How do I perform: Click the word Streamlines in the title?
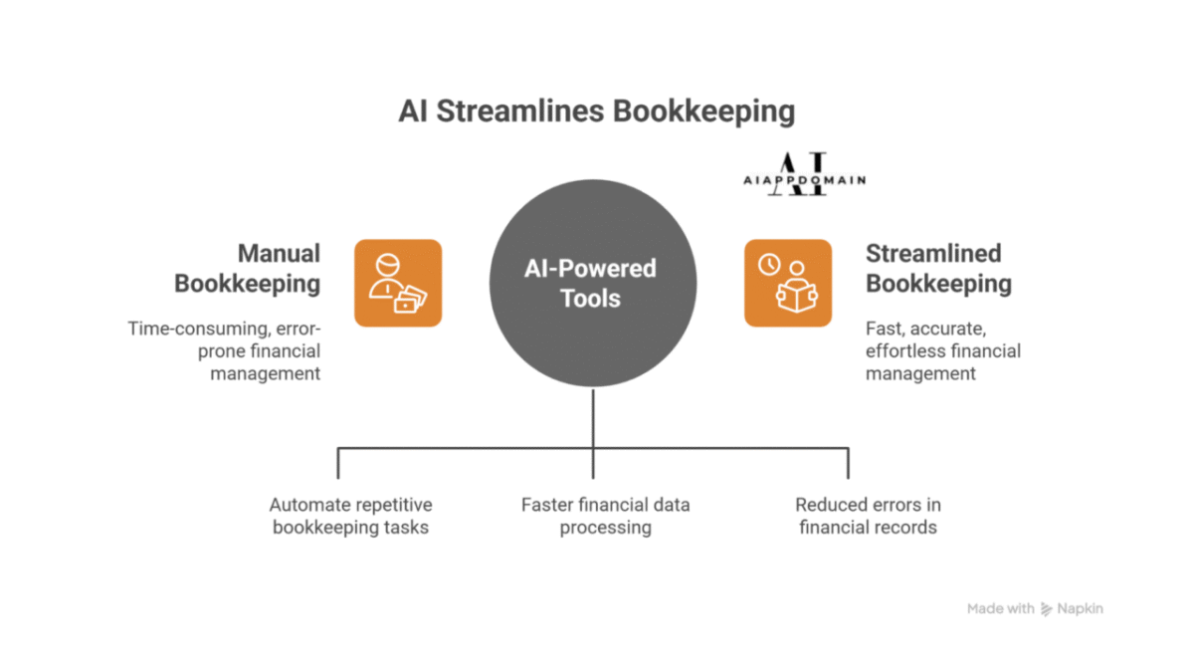pyautogui.click(x=519, y=111)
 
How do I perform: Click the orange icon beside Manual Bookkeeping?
pyautogui.click(x=397, y=283)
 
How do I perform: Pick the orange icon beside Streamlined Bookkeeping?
pyautogui.click(x=788, y=283)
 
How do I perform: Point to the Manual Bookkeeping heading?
pyautogui.click(x=248, y=269)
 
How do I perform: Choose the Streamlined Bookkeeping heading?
pyautogui.click(x=938, y=269)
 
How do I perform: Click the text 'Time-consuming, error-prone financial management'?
pyautogui.click(x=225, y=350)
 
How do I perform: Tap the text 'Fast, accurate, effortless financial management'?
pyautogui.click(x=943, y=350)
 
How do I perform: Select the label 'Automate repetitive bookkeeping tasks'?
pyautogui.click(x=351, y=516)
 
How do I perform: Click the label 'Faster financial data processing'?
pyautogui.click(x=605, y=516)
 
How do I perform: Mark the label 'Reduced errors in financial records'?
pyautogui.click(x=868, y=516)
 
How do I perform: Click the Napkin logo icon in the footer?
pyautogui.click(x=1047, y=608)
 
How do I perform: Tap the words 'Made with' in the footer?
pyautogui.click(x=1000, y=608)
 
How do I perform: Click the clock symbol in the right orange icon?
pyautogui.click(x=768, y=265)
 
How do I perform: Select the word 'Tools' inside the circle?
pyautogui.click(x=590, y=299)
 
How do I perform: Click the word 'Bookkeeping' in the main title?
pyautogui.click(x=703, y=111)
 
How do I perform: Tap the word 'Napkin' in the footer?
pyautogui.click(x=1081, y=608)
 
